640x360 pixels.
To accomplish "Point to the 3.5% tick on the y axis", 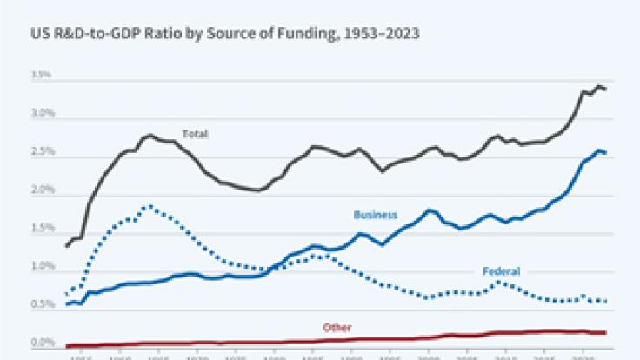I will pyautogui.click(x=42, y=76).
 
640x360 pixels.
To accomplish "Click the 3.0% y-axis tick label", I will pyautogui.click(x=42, y=114).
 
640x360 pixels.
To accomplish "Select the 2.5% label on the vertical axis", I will pyautogui.click(x=42, y=152).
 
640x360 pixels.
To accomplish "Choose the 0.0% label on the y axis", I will pyautogui.click(x=42, y=343).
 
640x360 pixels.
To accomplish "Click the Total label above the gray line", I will pyautogui.click(x=194, y=134).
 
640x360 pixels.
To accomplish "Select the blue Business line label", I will pyautogui.click(x=375, y=214).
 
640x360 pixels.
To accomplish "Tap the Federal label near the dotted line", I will pyautogui.click(x=502, y=271).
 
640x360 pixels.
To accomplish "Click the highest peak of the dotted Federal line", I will pyautogui.click(x=150, y=207).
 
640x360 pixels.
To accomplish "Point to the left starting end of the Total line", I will pyautogui.click(x=67, y=246).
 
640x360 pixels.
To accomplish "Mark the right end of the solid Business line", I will pyautogui.click(x=606, y=153).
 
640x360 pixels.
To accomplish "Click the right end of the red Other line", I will pyautogui.click(x=606, y=332).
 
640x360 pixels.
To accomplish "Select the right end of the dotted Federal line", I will pyautogui.click(x=606, y=301).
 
